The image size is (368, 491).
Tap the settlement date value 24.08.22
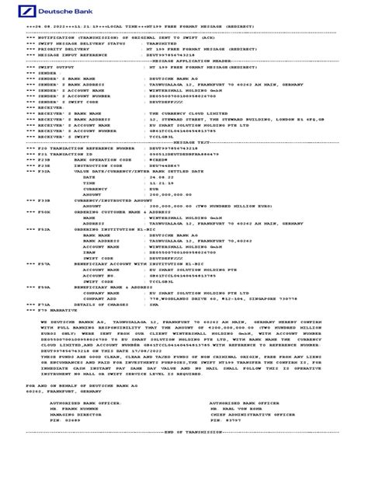coord(158,160)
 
